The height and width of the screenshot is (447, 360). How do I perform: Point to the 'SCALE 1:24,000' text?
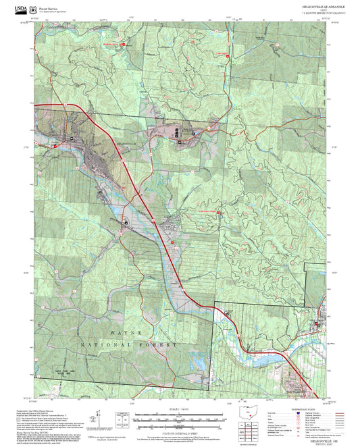tap(178, 409)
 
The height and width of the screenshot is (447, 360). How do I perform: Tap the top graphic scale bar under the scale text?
tap(178, 414)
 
